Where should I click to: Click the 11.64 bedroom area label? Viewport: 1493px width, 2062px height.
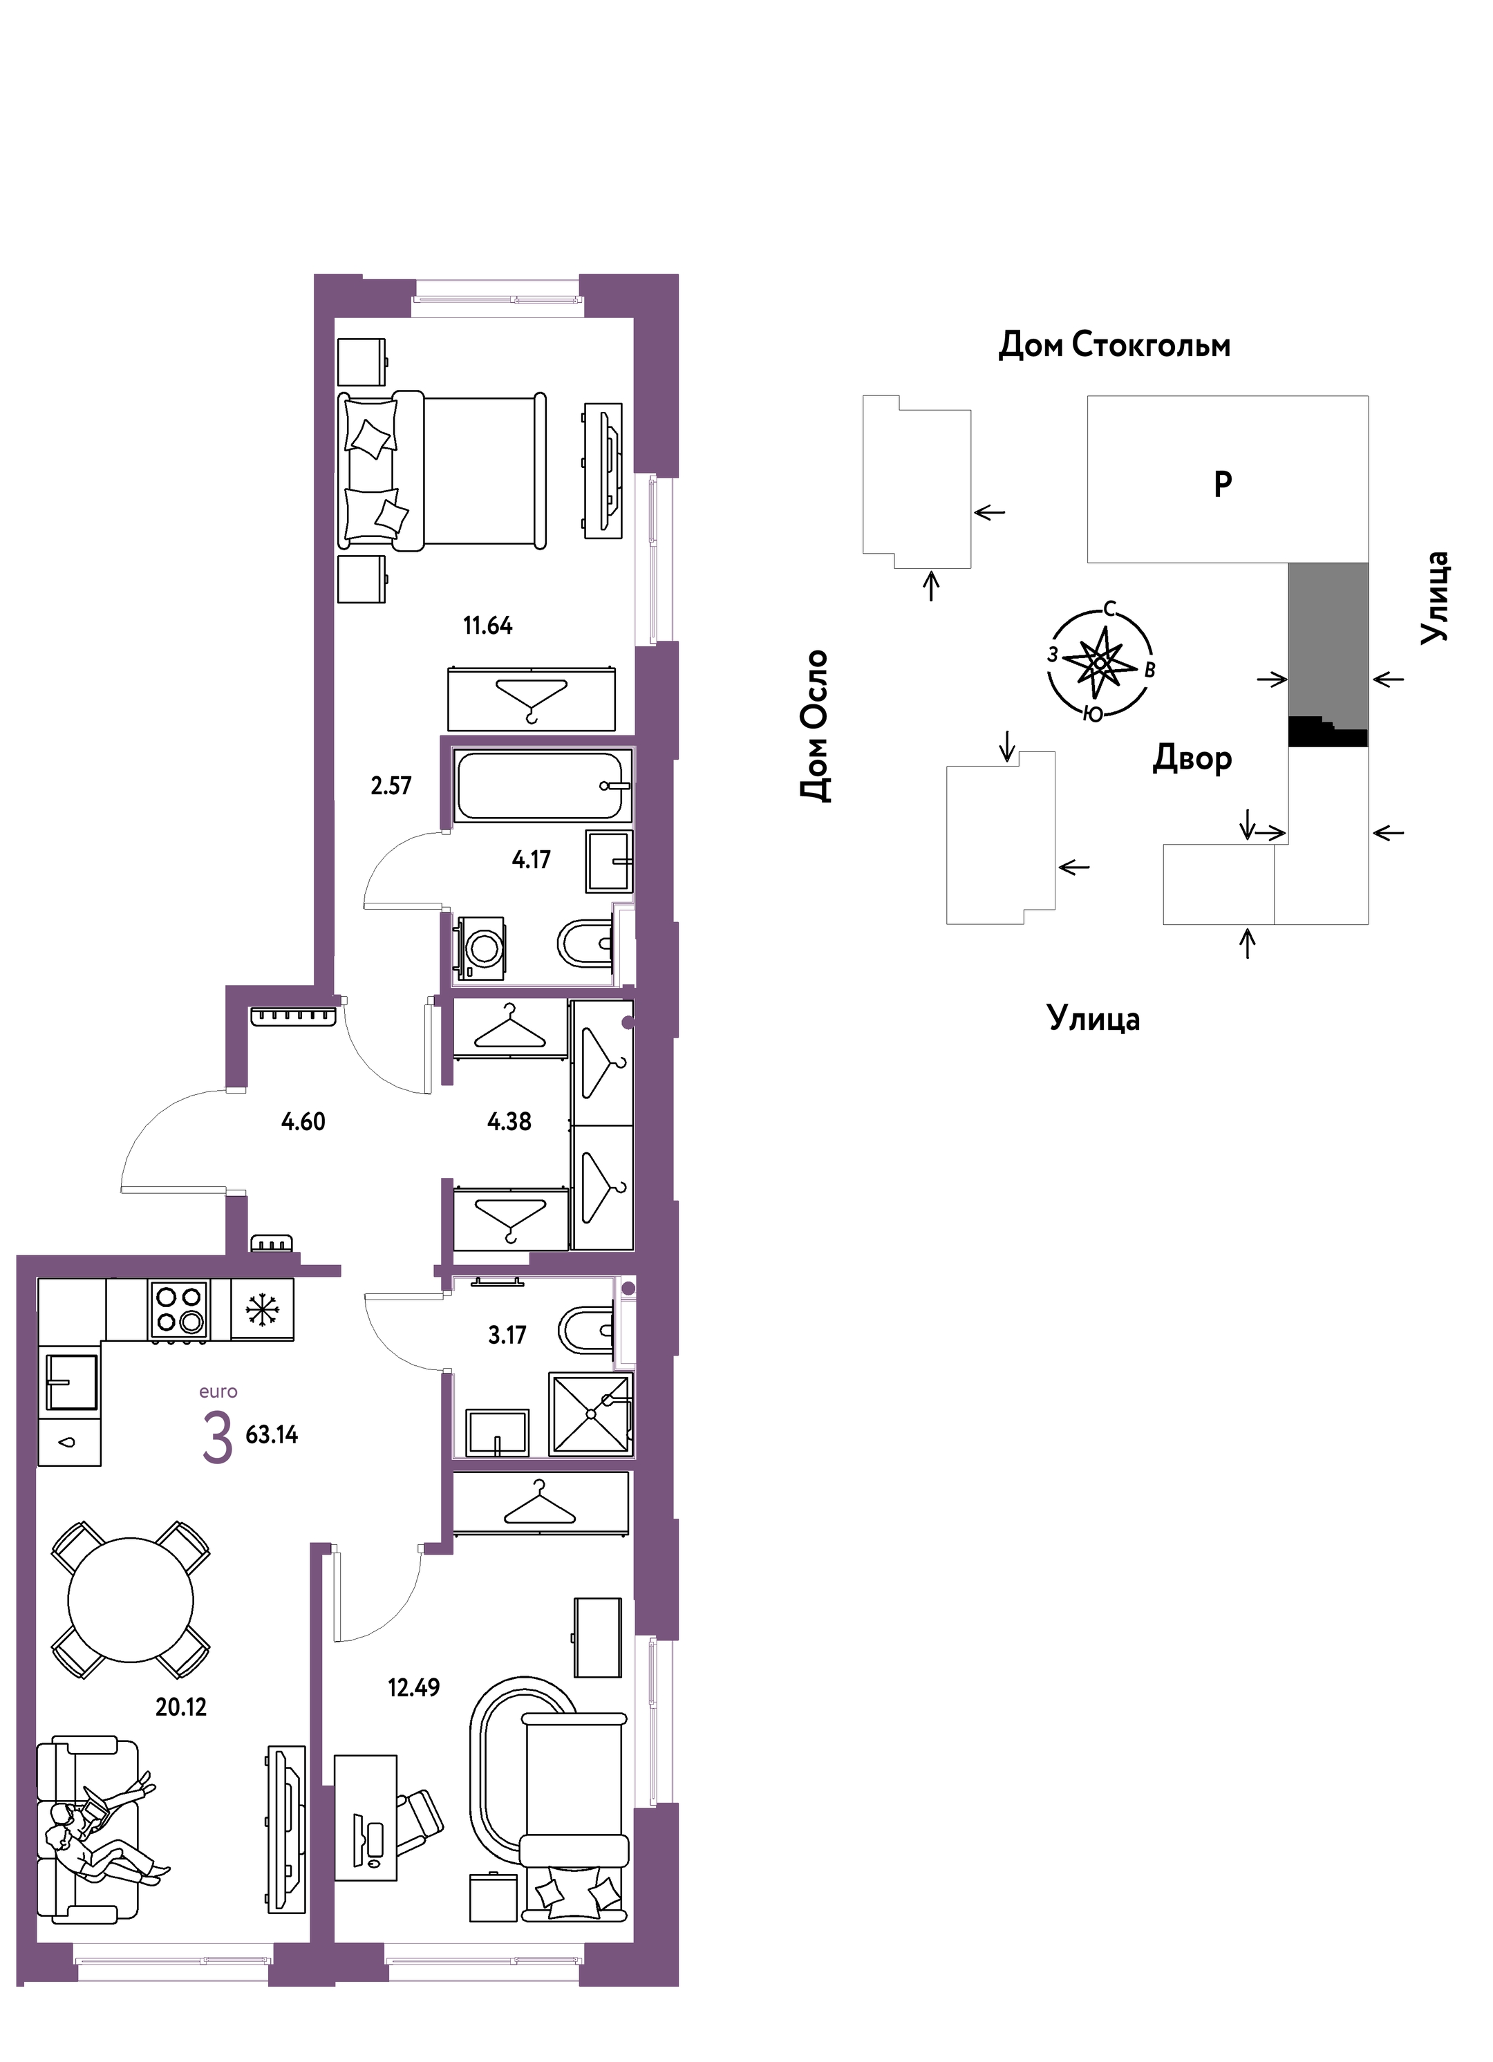click(x=487, y=626)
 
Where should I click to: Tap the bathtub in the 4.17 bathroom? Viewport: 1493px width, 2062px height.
click(x=542, y=785)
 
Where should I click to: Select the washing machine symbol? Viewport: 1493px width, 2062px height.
click(x=480, y=948)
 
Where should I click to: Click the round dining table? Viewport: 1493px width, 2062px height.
click(x=131, y=1600)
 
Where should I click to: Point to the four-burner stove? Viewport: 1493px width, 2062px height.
click(x=179, y=1310)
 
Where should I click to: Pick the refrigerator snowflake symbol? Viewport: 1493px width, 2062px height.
click(x=262, y=1310)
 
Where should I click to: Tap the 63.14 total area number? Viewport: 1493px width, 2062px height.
click(x=272, y=1434)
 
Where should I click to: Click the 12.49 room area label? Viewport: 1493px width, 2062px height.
click(x=414, y=1687)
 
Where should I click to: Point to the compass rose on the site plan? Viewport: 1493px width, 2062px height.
click(x=1101, y=662)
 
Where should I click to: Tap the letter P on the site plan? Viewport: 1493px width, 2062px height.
click(x=1223, y=485)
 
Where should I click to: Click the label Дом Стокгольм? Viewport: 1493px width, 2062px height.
click(x=1115, y=346)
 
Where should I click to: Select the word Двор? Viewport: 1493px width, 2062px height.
click(x=1193, y=758)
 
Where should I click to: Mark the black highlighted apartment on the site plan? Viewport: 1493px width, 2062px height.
click(x=1328, y=732)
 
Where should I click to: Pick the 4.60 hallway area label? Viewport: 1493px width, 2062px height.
click(x=303, y=1122)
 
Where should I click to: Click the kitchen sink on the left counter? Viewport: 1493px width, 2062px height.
click(x=72, y=1382)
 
